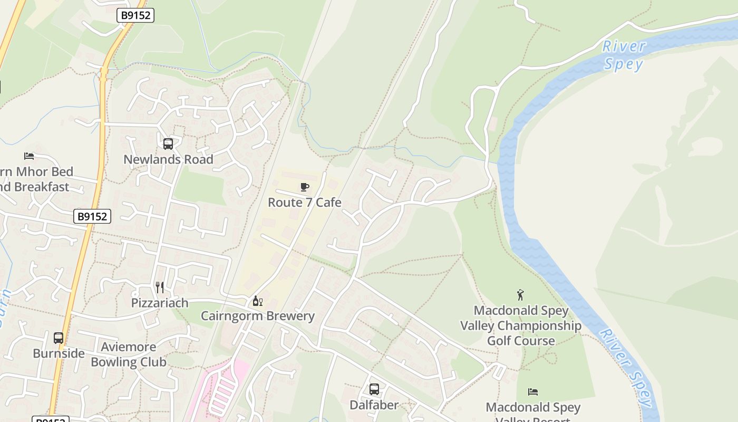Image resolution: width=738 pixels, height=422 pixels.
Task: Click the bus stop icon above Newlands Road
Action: pyautogui.click(x=168, y=144)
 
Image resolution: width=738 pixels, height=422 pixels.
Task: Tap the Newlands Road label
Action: pyautogui.click(x=168, y=159)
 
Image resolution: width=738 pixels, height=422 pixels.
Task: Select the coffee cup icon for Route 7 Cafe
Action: pyautogui.click(x=304, y=187)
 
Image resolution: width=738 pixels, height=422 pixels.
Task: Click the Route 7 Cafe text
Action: pyautogui.click(x=304, y=203)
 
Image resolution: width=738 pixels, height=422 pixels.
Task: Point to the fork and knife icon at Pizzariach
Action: pyautogui.click(x=160, y=287)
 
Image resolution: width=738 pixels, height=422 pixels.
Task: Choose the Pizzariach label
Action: pyautogui.click(x=160, y=303)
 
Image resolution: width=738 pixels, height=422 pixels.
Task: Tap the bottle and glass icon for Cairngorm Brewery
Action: pyautogui.click(x=258, y=301)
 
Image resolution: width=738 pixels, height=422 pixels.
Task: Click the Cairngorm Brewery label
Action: pyautogui.click(x=258, y=316)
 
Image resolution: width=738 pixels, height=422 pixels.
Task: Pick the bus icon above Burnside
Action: pyautogui.click(x=59, y=338)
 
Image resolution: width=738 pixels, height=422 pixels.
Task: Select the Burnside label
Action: pyautogui.click(x=59, y=353)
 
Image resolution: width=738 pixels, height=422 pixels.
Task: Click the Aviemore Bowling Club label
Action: pyautogui.click(x=129, y=354)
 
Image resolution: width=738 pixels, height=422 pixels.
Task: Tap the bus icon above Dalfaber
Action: pyautogui.click(x=374, y=390)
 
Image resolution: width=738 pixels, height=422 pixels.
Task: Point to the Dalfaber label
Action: pyautogui.click(x=374, y=405)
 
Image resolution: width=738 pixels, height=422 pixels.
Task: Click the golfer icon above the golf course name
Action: pyautogui.click(x=521, y=295)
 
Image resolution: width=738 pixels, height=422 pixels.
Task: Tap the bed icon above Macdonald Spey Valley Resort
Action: pyautogui.click(x=533, y=392)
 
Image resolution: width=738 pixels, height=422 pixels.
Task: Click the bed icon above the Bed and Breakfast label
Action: pyautogui.click(x=29, y=156)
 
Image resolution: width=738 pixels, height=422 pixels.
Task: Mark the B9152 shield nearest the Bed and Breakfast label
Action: pyautogui.click(x=92, y=216)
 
